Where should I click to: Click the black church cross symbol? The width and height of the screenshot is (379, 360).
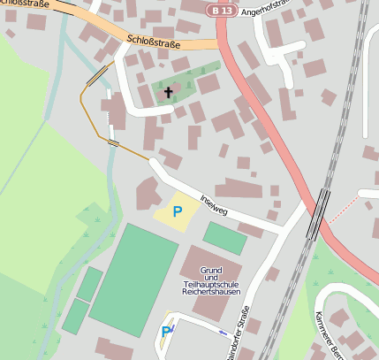169,92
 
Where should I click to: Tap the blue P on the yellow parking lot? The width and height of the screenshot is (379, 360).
177,211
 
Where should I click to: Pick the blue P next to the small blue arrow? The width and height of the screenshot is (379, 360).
165,332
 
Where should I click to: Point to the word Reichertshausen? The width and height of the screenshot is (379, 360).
209,291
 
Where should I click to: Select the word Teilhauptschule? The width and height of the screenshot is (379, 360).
209,283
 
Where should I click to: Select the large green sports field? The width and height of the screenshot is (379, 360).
133,280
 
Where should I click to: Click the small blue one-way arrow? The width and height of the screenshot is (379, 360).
221,332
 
